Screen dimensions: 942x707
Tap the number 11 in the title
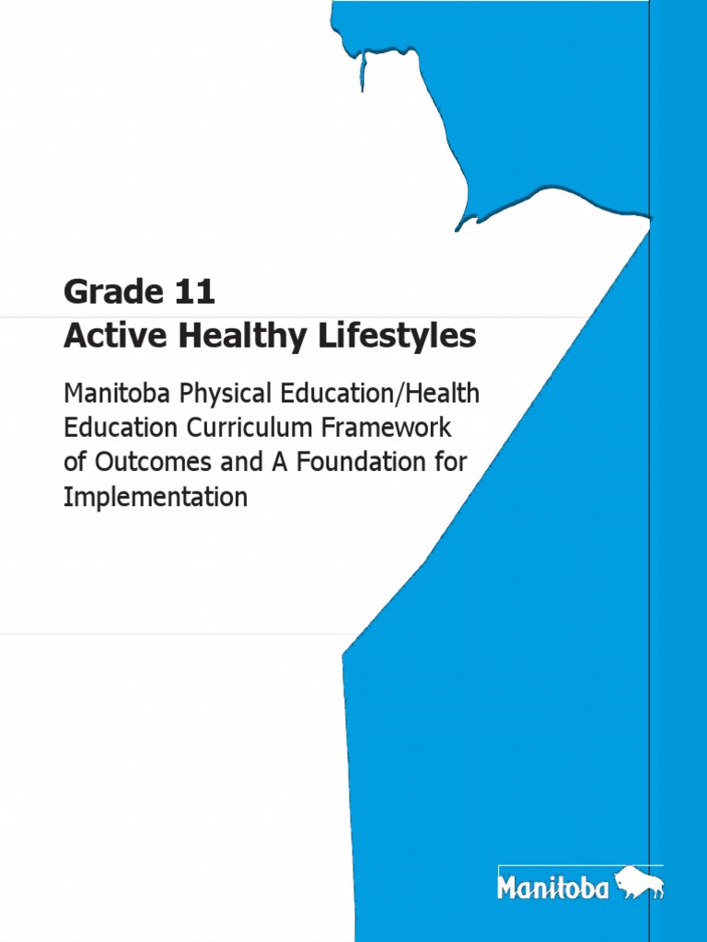(194, 293)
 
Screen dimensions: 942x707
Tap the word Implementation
(155, 498)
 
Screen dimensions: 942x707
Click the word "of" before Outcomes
(73, 463)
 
